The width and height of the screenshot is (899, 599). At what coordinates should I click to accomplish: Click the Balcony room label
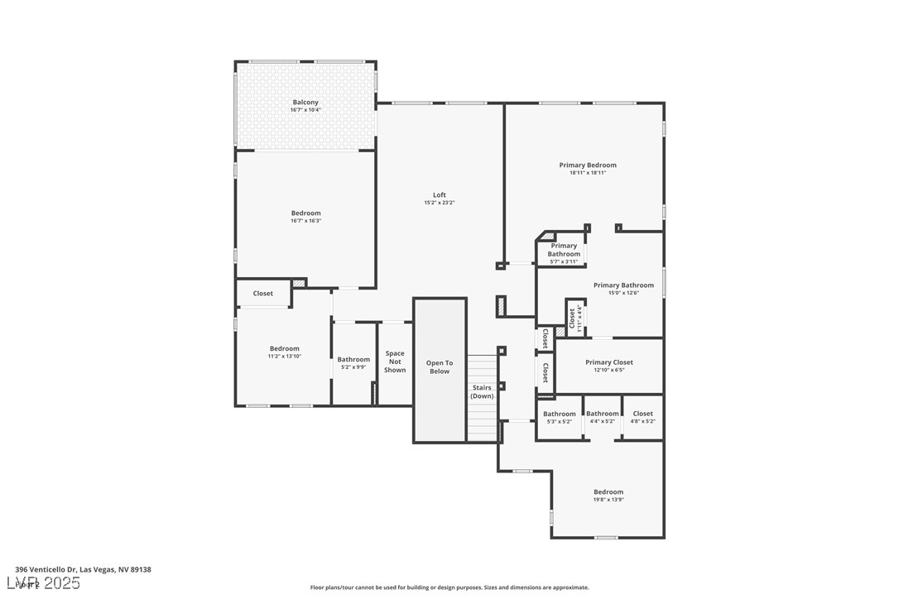305,103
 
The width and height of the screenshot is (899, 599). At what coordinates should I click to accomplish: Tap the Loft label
439,195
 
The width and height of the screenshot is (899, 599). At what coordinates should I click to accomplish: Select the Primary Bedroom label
588,165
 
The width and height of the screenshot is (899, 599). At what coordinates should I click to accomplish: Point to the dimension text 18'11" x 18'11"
588,173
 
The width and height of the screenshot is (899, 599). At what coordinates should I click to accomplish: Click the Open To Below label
440,367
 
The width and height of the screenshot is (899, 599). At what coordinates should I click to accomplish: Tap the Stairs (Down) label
482,391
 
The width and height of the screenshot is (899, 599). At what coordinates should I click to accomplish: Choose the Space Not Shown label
395,362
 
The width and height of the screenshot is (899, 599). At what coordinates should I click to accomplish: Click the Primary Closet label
609,362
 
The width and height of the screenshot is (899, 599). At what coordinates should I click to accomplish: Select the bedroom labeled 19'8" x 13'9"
608,495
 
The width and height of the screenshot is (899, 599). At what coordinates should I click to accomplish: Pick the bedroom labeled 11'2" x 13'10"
284,352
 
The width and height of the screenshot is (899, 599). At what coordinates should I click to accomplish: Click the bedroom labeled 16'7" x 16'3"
305,216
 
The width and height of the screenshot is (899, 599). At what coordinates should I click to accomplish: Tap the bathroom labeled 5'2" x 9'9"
353,362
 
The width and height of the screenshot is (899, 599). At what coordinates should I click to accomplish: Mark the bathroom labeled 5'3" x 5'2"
560,417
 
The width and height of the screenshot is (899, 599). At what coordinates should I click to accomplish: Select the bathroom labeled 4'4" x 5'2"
602,417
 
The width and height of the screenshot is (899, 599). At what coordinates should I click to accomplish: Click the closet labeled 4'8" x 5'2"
643,417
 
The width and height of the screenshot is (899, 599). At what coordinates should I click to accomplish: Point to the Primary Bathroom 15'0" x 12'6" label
623,289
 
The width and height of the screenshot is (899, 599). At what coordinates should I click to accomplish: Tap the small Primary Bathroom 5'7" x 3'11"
564,253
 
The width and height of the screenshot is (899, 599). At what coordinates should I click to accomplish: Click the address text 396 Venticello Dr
83,569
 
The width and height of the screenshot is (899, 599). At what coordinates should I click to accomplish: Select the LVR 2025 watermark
47,583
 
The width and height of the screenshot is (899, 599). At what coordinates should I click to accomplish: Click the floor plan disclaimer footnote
449,587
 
